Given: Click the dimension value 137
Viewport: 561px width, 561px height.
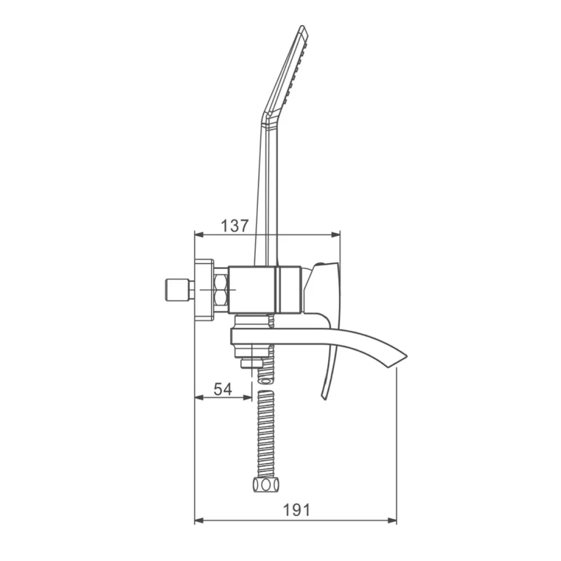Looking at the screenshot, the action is point(235,226).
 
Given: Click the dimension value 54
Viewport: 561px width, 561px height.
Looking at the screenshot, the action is point(223,389).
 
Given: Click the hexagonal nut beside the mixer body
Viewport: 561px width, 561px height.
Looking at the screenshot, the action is point(221,290).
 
